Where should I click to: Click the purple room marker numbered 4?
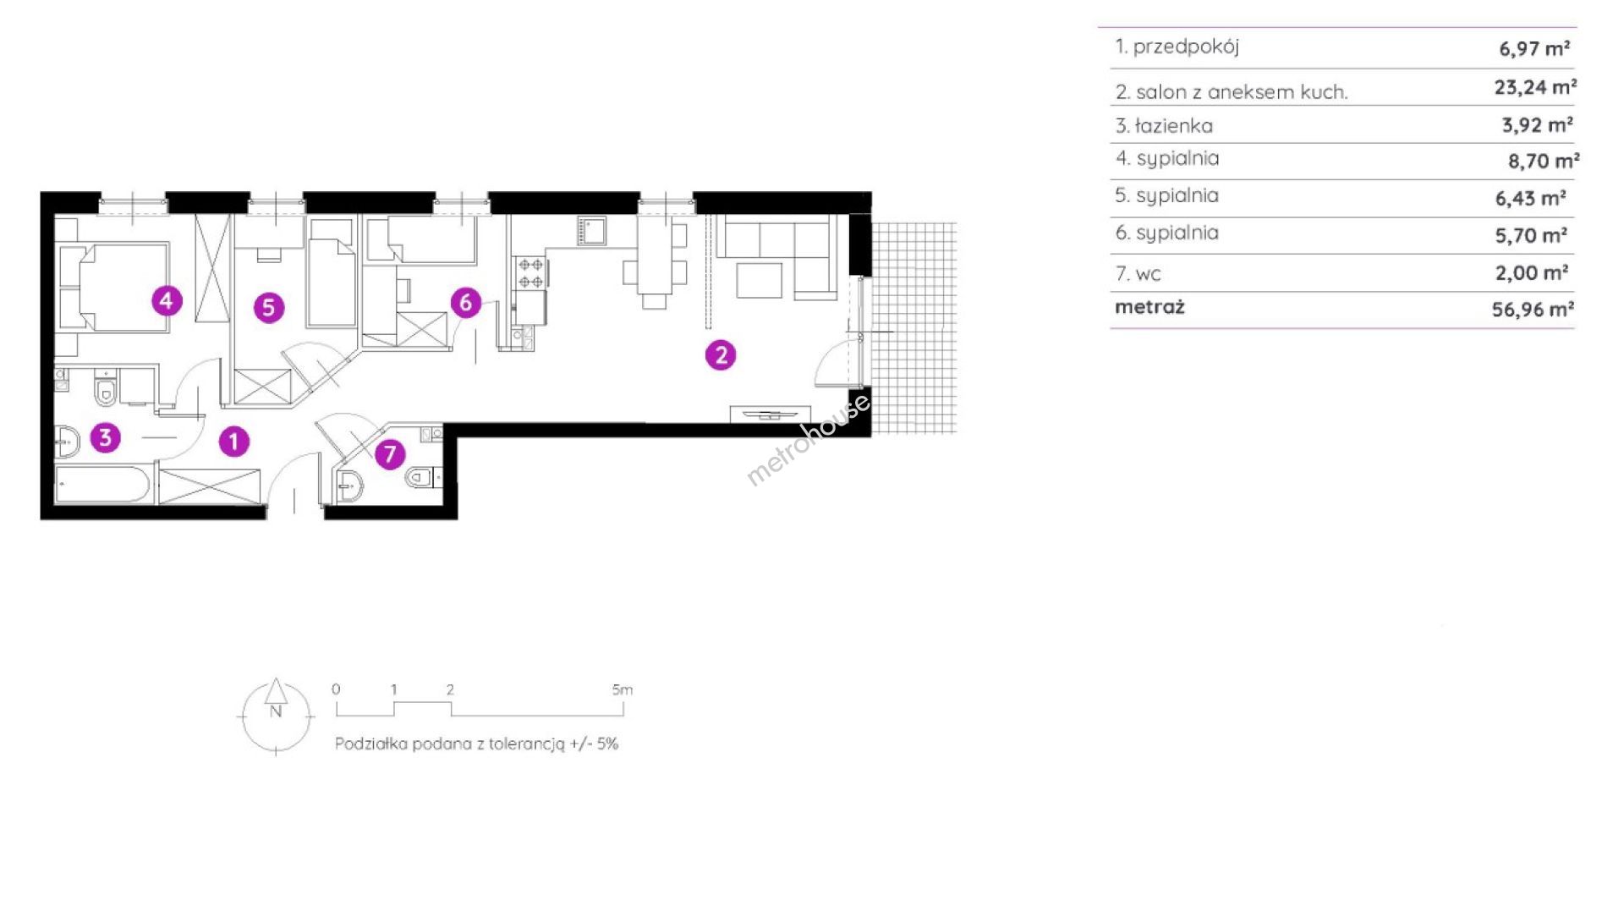[167, 299]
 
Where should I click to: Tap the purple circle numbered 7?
[389, 454]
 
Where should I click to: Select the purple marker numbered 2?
[721, 355]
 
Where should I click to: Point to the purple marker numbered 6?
[465, 302]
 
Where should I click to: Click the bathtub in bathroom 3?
[103, 485]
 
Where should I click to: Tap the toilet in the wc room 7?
[422, 478]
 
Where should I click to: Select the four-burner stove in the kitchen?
[530, 272]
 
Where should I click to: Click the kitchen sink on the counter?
[591, 231]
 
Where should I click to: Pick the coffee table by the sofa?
[759, 280]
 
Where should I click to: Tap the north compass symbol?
[276, 715]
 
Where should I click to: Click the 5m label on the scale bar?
[622, 689]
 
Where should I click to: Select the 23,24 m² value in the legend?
[1535, 87]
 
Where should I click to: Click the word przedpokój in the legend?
[1186, 47]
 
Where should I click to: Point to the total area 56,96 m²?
[1533, 310]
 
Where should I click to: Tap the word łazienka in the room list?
[1174, 126]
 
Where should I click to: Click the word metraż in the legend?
[1149, 307]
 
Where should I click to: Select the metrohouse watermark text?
[808, 440]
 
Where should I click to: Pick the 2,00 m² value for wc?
[1532, 272]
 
